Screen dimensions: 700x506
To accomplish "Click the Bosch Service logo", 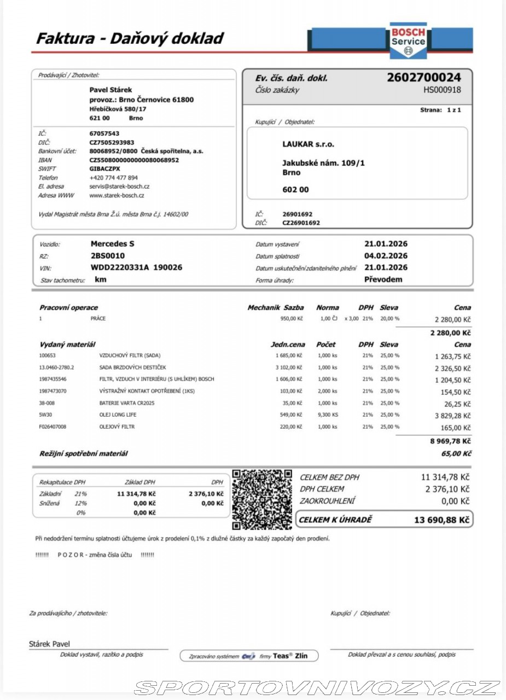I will click(408, 40).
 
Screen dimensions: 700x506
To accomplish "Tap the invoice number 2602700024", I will click(423, 78).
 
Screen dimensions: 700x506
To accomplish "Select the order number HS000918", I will click(442, 90).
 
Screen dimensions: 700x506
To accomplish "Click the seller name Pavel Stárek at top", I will click(110, 90).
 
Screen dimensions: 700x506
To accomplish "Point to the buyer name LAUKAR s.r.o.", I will click(308, 144).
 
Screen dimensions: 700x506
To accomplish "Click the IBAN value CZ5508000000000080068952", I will click(134, 160).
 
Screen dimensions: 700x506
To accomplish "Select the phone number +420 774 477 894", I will click(114, 178).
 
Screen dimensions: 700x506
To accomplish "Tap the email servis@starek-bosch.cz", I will click(119, 186).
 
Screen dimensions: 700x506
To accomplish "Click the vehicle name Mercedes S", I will click(112, 244).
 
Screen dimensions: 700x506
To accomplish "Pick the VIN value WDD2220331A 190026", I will click(136, 267).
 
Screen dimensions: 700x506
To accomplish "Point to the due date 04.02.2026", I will click(386, 256).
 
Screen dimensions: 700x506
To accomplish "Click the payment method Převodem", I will click(383, 279).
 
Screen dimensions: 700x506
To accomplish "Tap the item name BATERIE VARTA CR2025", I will click(126, 403).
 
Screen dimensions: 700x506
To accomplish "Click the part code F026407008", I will click(53, 427).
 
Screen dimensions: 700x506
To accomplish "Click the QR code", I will click(262, 499).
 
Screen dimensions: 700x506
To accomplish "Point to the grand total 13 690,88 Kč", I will click(442, 520).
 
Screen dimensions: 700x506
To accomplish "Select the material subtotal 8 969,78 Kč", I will click(450, 441).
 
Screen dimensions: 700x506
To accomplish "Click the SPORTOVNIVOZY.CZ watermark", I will click(317, 687).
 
